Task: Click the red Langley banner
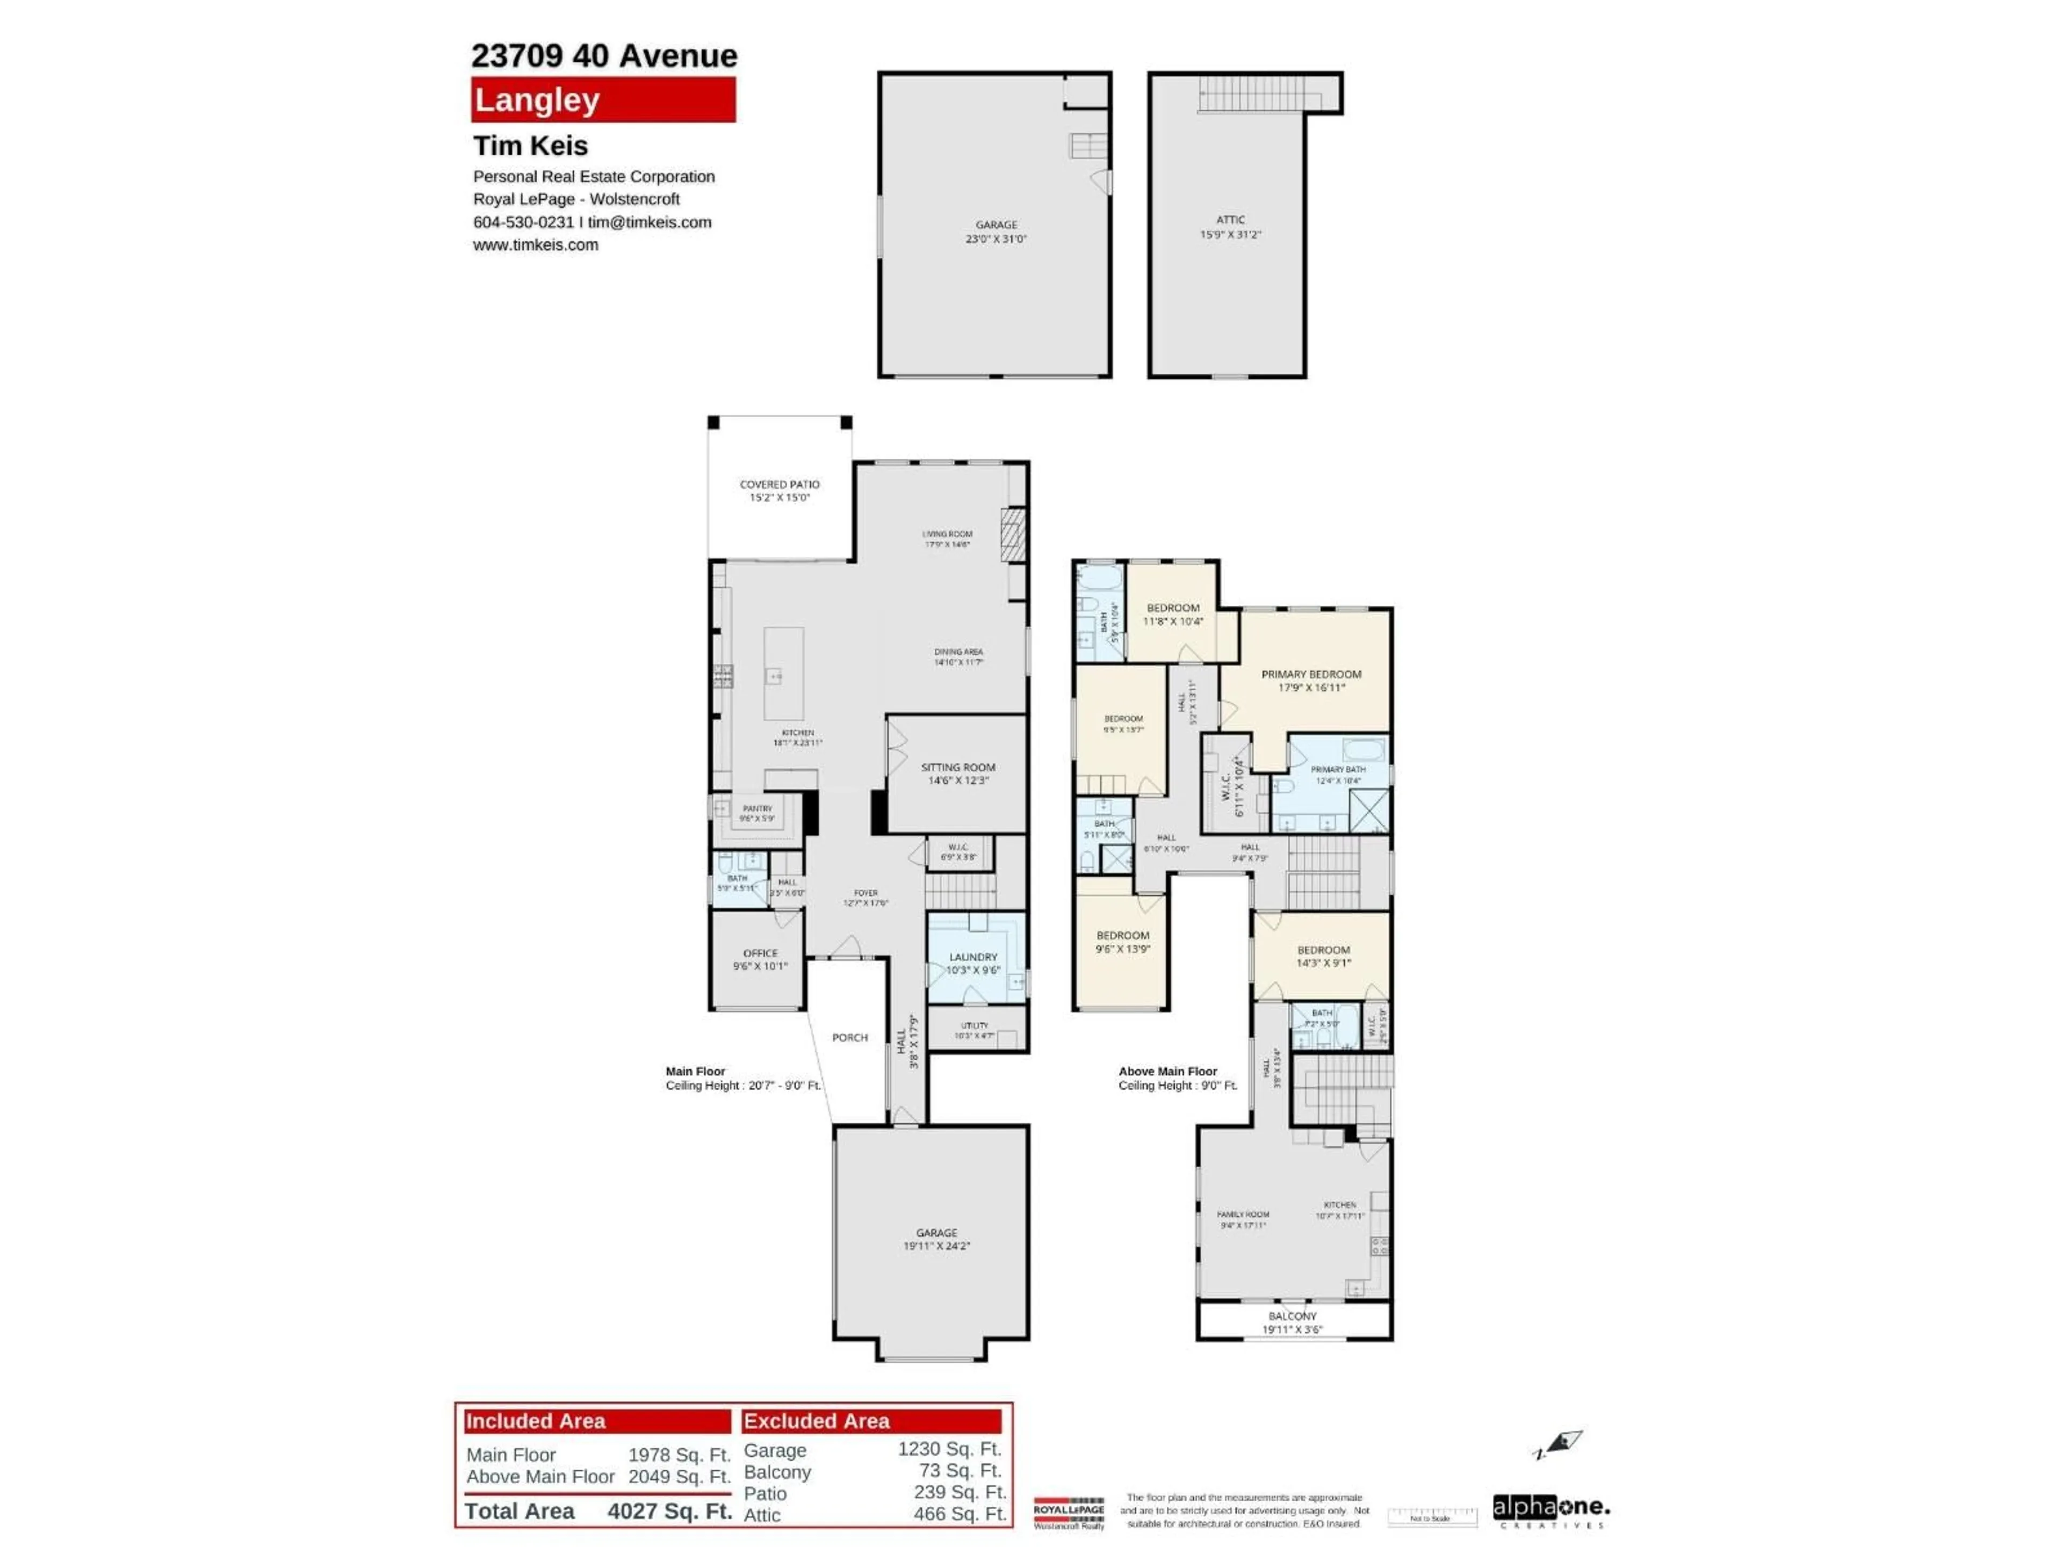[x=602, y=100]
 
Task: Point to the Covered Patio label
[x=780, y=490]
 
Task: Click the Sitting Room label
[x=958, y=773]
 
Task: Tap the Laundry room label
[x=973, y=963]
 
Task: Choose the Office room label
[x=760, y=959]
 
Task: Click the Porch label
[x=849, y=1037]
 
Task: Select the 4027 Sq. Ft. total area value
[x=669, y=1510]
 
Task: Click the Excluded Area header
[x=871, y=1421]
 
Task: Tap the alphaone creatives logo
[x=1550, y=1510]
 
